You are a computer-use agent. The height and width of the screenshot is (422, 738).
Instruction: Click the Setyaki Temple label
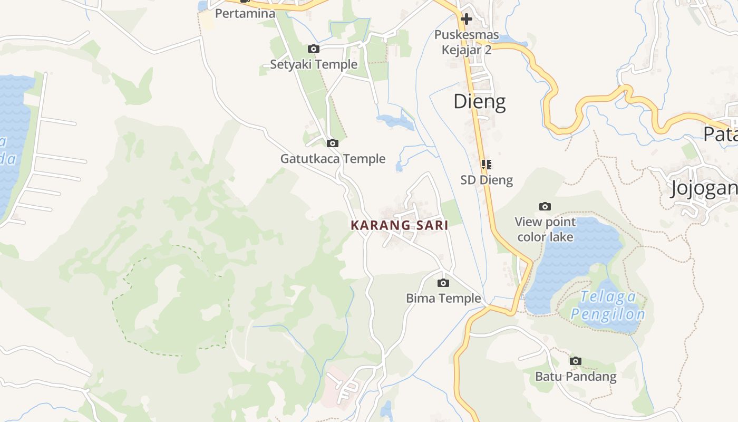pyautogui.click(x=314, y=64)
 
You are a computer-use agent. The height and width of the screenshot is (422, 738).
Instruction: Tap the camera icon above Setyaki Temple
pyautogui.click(x=314, y=49)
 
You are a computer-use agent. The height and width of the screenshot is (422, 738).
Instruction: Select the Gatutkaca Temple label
pyautogui.click(x=333, y=159)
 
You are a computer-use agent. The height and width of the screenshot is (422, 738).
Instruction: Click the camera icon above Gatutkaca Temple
pyautogui.click(x=332, y=143)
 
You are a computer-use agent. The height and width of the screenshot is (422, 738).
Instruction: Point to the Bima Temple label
pyautogui.click(x=443, y=299)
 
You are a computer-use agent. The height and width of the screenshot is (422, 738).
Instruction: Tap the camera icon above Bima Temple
pyautogui.click(x=443, y=283)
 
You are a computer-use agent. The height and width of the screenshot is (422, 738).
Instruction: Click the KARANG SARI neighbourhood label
pyautogui.click(x=400, y=225)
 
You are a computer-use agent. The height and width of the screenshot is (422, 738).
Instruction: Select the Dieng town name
pyautogui.click(x=480, y=101)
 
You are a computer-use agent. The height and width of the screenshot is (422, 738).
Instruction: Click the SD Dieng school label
pyautogui.click(x=487, y=180)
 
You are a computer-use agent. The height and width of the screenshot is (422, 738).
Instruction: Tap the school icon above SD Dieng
pyautogui.click(x=487, y=164)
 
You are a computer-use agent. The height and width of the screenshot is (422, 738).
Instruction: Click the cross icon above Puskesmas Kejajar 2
pyautogui.click(x=467, y=20)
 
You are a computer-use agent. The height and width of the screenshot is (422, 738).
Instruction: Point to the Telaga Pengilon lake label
pyautogui.click(x=608, y=306)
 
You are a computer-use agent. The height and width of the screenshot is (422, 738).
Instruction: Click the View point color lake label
pyautogui.click(x=545, y=229)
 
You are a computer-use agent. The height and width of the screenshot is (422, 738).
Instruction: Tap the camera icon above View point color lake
pyautogui.click(x=545, y=206)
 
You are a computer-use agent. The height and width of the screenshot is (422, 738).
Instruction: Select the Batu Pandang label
pyautogui.click(x=576, y=377)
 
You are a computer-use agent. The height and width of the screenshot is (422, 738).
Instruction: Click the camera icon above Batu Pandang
pyautogui.click(x=576, y=361)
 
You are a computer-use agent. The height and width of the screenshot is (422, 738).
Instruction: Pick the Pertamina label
pyautogui.click(x=245, y=14)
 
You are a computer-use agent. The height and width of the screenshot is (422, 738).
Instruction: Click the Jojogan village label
pyautogui.click(x=704, y=188)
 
